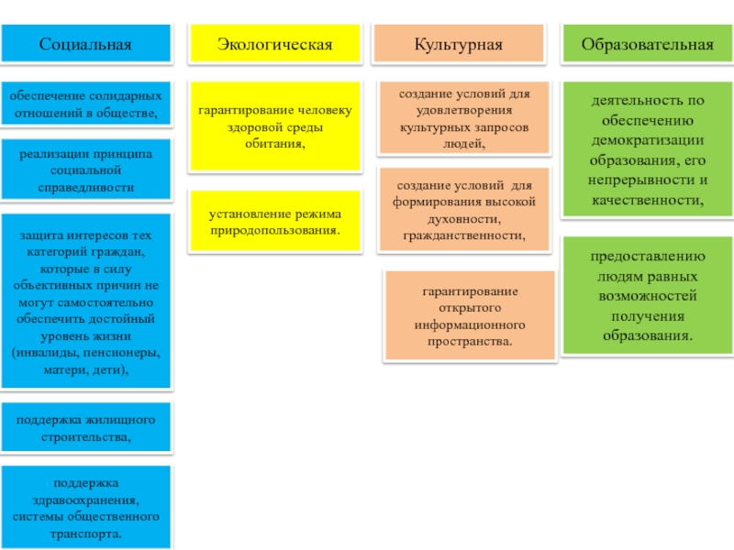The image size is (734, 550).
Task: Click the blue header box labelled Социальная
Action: (85, 44)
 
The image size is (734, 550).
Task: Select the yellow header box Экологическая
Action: (274, 44)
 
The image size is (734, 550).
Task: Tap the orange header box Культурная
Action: (458, 44)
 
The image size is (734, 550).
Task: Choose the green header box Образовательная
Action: (647, 44)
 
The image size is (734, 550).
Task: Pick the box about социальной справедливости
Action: (85, 170)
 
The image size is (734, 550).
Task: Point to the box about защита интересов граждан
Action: (85, 301)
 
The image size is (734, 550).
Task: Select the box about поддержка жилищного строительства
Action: (85, 428)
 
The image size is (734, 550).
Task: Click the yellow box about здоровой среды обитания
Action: (274, 127)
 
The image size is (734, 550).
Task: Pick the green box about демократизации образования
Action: (647, 149)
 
